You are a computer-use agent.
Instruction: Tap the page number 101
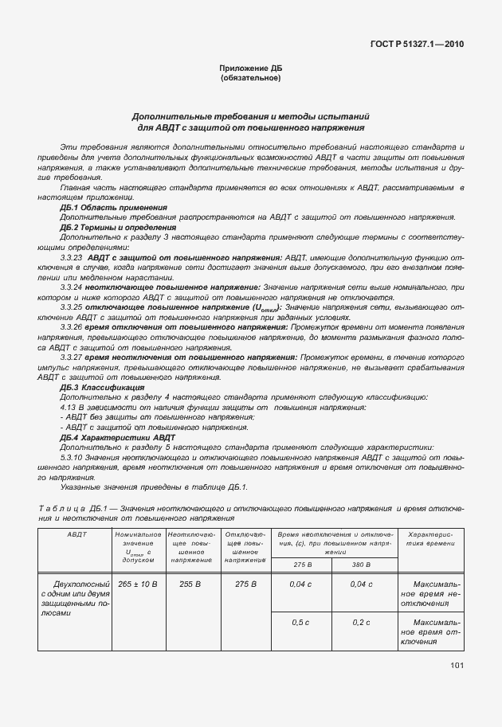[456, 664]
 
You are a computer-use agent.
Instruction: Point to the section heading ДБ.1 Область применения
[113, 207]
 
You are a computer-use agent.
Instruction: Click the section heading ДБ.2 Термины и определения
[118, 227]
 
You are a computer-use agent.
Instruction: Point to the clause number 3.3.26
[72, 327]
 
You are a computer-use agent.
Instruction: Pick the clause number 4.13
[68, 407]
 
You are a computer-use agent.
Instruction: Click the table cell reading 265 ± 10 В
[138, 584]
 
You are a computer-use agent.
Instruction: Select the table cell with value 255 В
[190, 584]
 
